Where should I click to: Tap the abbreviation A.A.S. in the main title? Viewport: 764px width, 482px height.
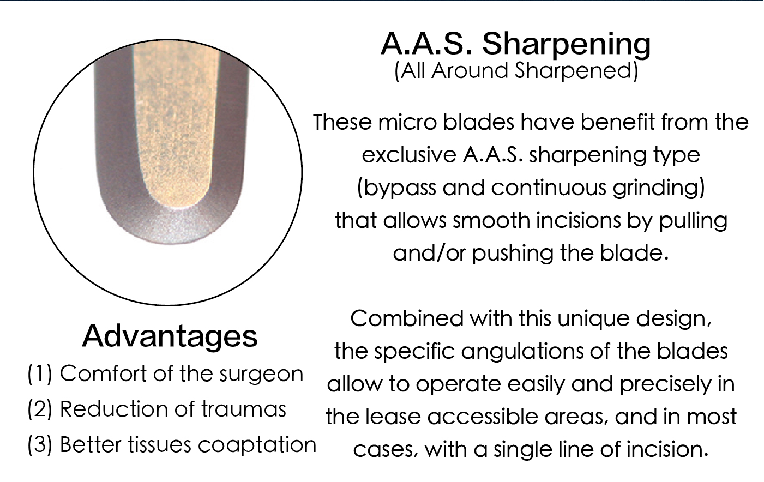pyautogui.click(x=426, y=44)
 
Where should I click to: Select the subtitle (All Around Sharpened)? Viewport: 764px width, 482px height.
pyautogui.click(x=516, y=71)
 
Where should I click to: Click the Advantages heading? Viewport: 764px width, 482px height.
pyautogui.click(x=170, y=336)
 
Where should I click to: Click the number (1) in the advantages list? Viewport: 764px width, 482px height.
pyautogui.click(x=40, y=374)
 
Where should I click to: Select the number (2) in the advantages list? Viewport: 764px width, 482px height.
pyautogui.click(x=40, y=409)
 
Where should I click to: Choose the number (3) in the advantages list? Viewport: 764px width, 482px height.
pyautogui.click(x=40, y=445)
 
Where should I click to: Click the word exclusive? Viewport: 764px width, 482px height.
pyautogui.click(x=408, y=155)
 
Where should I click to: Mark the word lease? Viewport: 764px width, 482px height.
pyautogui.click(x=393, y=417)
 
